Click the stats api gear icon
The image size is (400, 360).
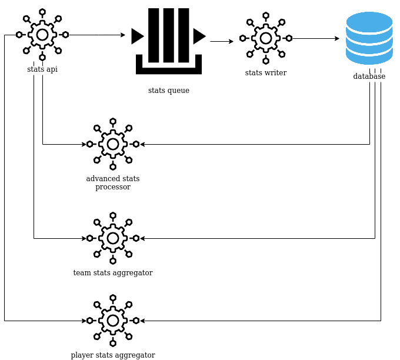[42, 35]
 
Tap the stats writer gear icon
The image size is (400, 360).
[266, 38]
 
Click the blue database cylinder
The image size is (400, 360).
[369, 38]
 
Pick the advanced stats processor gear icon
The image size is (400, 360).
[113, 144]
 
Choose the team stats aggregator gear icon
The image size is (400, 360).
[113, 238]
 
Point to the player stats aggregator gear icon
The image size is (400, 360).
[113, 321]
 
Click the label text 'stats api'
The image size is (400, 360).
[42, 69]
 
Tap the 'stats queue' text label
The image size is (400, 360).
[169, 91]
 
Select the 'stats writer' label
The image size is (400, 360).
[266, 72]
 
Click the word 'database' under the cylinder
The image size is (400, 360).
[369, 76]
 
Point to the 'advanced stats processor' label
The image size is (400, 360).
[113, 183]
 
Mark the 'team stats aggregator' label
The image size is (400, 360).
[113, 273]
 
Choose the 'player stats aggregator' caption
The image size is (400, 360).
[113, 355]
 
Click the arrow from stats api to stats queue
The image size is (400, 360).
[97, 35]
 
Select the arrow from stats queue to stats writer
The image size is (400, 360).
[222, 41]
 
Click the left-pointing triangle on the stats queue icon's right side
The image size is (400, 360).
[199, 36]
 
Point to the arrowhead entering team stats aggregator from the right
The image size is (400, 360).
[142, 238]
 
